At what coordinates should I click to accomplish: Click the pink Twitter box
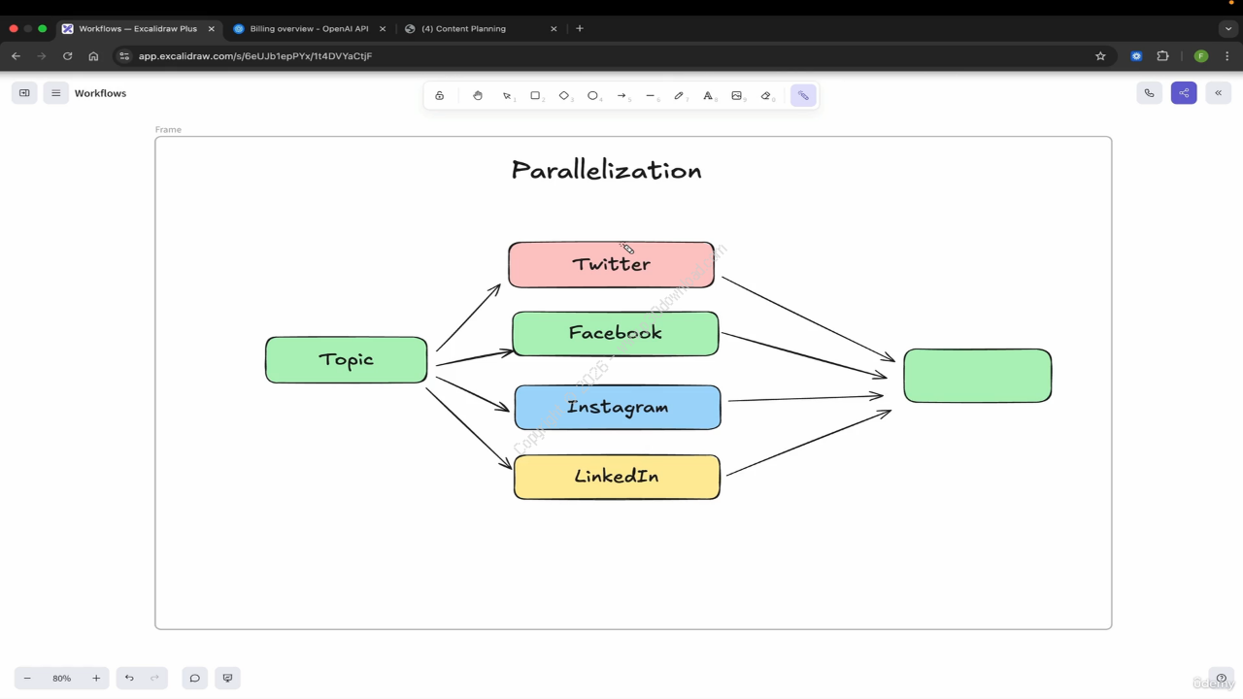click(x=611, y=265)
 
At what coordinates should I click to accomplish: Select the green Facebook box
click(x=615, y=334)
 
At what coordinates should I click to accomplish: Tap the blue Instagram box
click(x=618, y=408)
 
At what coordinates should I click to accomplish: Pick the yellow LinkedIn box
click(x=617, y=477)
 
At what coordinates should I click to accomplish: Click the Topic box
click(x=346, y=360)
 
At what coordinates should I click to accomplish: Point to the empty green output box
click(x=977, y=376)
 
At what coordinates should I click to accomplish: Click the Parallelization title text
click(x=606, y=171)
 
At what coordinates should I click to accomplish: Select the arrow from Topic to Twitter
click(x=468, y=317)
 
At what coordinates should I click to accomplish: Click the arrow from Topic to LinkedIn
click(x=468, y=428)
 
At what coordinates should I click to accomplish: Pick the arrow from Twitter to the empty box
click(x=808, y=319)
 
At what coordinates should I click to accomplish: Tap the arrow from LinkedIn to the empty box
click(x=808, y=443)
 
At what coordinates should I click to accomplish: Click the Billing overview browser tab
click(x=309, y=29)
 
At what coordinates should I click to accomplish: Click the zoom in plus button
click(x=96, y=678)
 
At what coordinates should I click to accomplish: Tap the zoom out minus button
click(x=27, y=678)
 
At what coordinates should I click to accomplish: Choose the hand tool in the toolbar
click(x=478, y=95)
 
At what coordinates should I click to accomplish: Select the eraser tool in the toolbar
click(x=765, y=95)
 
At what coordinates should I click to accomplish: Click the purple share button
click(x=1184, y=93)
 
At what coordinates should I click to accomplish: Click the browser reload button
click(x=67, y=56)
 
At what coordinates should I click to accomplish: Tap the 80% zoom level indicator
click(x=61, y=678)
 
